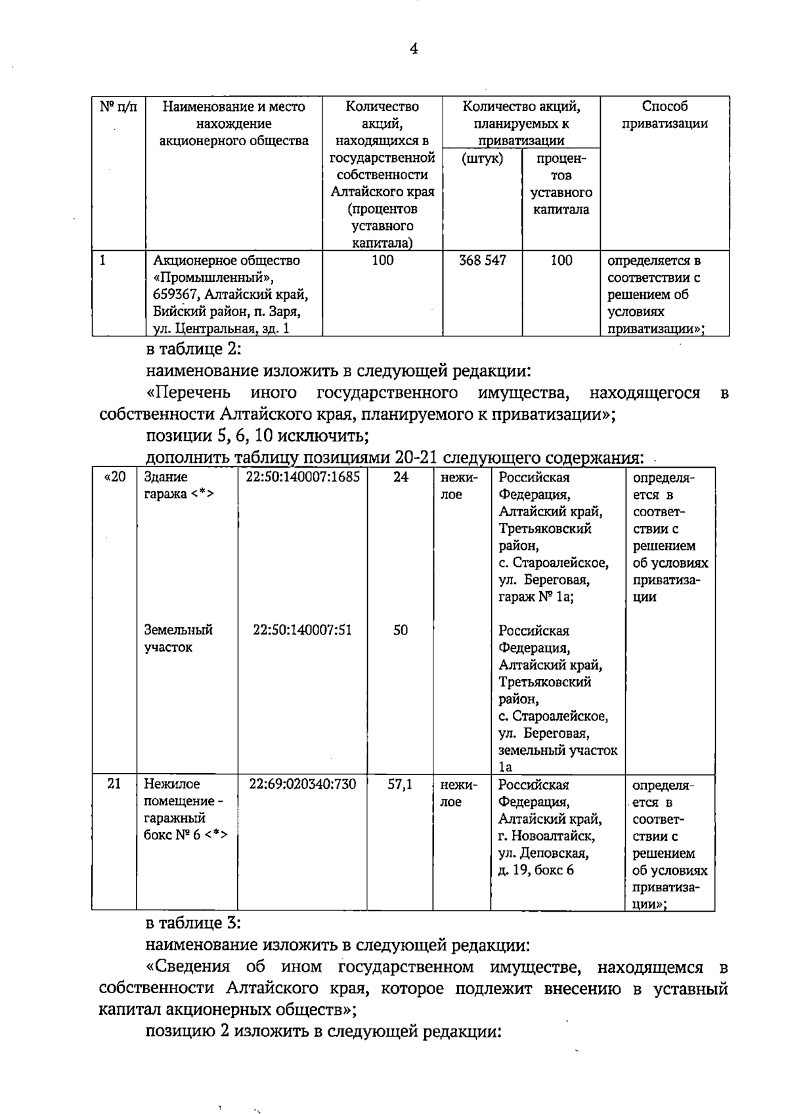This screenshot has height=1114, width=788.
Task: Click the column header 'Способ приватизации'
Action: click(665, 115)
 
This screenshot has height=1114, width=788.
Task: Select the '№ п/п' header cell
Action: click(118, 106)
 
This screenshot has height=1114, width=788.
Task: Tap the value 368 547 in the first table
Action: click(483, 261)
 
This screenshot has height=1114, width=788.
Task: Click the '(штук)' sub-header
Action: click(483, 158)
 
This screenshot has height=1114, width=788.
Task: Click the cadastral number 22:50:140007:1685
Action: click(303, 478)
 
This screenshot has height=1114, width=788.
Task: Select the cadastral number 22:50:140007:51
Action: click(303, 631)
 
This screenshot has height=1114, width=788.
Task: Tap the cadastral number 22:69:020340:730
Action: click(303, 784)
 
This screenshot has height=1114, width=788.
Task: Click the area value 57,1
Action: click(400, 784)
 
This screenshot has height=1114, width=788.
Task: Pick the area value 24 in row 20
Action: click(401, 478)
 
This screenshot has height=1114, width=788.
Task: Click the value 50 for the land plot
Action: click(401, 631)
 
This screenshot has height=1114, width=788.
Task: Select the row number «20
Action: click(115, 478)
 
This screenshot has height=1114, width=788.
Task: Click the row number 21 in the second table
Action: click(114, 784)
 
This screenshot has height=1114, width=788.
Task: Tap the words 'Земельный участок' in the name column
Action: click(178, 638)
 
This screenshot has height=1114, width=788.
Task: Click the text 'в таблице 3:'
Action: click(193, 924)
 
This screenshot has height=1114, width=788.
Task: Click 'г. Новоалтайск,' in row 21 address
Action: click(546, 836)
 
